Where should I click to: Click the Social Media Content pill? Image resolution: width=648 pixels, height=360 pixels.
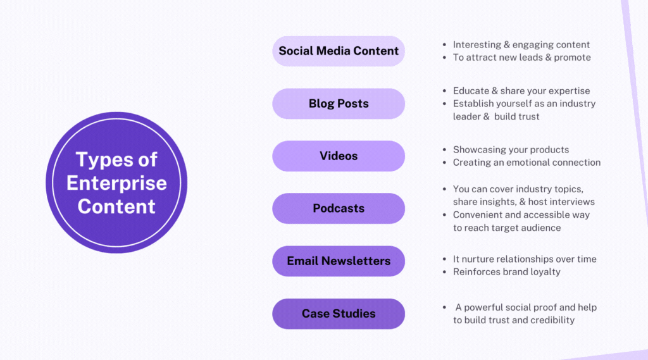(x=339, y=51)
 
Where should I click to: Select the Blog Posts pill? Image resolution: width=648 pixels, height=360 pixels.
(x=339, y=104)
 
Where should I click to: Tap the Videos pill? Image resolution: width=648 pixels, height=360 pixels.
(x=339, y=156)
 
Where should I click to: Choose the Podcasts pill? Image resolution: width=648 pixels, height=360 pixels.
(x=339, y=208)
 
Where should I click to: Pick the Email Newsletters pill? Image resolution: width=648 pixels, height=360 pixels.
(x=339, y=261)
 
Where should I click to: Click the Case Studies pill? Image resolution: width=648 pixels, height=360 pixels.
(x=339, y=313)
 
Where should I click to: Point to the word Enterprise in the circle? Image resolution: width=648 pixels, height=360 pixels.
(x=116, y=183)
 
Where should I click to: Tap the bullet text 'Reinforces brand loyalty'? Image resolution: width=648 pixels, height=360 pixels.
(x=506, y=271)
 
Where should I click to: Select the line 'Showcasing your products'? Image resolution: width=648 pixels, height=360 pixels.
(x=511, y=150)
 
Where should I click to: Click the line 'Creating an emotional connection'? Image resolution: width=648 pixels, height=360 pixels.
(x=526, y=163)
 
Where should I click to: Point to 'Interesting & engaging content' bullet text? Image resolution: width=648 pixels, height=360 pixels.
(x=521, y=45)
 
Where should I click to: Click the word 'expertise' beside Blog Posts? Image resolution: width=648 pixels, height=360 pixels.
(x=568, y=91)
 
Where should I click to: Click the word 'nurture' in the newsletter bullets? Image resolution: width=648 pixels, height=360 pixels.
(x=478, y=259)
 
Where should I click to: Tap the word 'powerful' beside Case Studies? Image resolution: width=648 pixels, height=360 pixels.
(x=485, y=307)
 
